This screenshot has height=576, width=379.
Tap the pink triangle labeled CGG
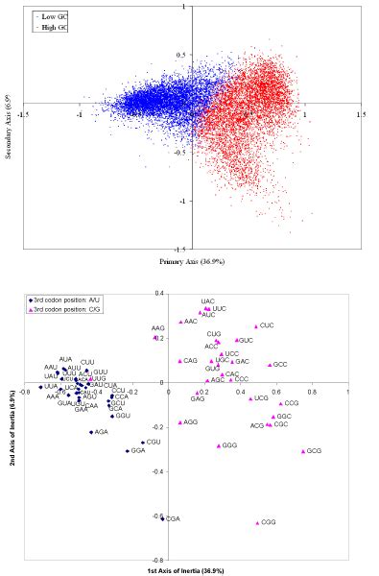[x=257, y=522]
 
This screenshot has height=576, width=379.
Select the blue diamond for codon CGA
[x=162, y=517]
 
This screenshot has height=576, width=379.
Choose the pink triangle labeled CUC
[x=256, y=326]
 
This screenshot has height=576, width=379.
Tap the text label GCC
[x=281, y=365]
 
